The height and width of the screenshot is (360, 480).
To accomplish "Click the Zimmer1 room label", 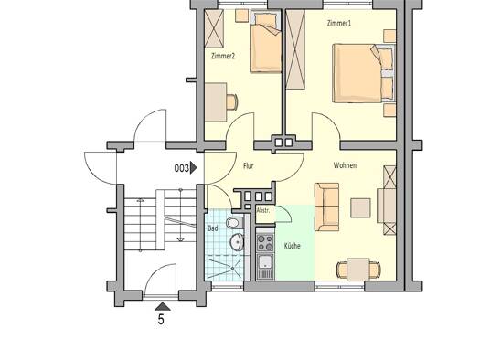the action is click(x=339, y=24).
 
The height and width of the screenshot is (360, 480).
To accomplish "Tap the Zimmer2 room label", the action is click(x=223, y=56).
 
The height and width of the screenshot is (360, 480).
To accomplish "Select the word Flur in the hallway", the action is click(x=249, y=165).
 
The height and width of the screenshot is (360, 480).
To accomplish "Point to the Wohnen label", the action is click(x=345, y=165).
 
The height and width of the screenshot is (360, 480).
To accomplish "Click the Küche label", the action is click(x=293, y=246).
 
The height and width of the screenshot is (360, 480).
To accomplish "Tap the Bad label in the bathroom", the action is click(x=213, y=228).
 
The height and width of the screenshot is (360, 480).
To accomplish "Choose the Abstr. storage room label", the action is click(x=263, y=210).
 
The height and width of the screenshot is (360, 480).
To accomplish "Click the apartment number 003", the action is click(x=182, y=168).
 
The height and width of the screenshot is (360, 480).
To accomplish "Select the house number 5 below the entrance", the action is click(x=161, y=320).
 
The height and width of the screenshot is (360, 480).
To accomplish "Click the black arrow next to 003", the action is click(x=194, y=168).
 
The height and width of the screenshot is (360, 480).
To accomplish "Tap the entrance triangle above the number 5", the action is click(x=162, y=306).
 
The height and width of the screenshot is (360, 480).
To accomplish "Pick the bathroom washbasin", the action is click(x=237, y=241).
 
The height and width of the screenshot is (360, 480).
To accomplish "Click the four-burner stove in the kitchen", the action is click(x=265, y=242).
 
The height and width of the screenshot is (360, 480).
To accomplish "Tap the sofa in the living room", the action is click(x=327, y=206).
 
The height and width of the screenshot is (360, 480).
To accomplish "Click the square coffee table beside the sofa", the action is click(x=360, y=208).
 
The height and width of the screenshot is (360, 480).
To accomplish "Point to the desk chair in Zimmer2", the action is click(x=232, y=101).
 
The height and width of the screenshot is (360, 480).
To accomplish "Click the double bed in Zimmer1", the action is click(x=364, y=73).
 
